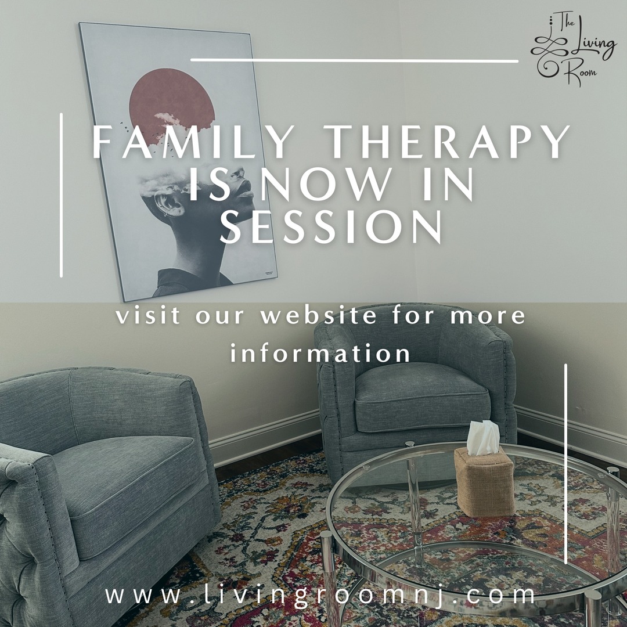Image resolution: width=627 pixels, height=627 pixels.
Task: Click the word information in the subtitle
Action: point(320,353)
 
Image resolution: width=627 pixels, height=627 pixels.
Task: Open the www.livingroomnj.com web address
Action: point(320,595)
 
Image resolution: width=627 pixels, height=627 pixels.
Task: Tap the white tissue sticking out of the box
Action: point(482,438)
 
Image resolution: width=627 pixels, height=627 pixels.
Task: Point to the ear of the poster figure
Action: point(167,202)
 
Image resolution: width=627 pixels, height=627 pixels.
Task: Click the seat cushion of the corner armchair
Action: point(422,398)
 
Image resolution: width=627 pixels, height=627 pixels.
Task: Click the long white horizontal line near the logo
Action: point(354,60)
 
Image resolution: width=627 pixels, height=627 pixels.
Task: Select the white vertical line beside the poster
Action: point(61,195)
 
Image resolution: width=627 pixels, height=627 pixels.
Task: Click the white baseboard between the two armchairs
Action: point(265,437)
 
